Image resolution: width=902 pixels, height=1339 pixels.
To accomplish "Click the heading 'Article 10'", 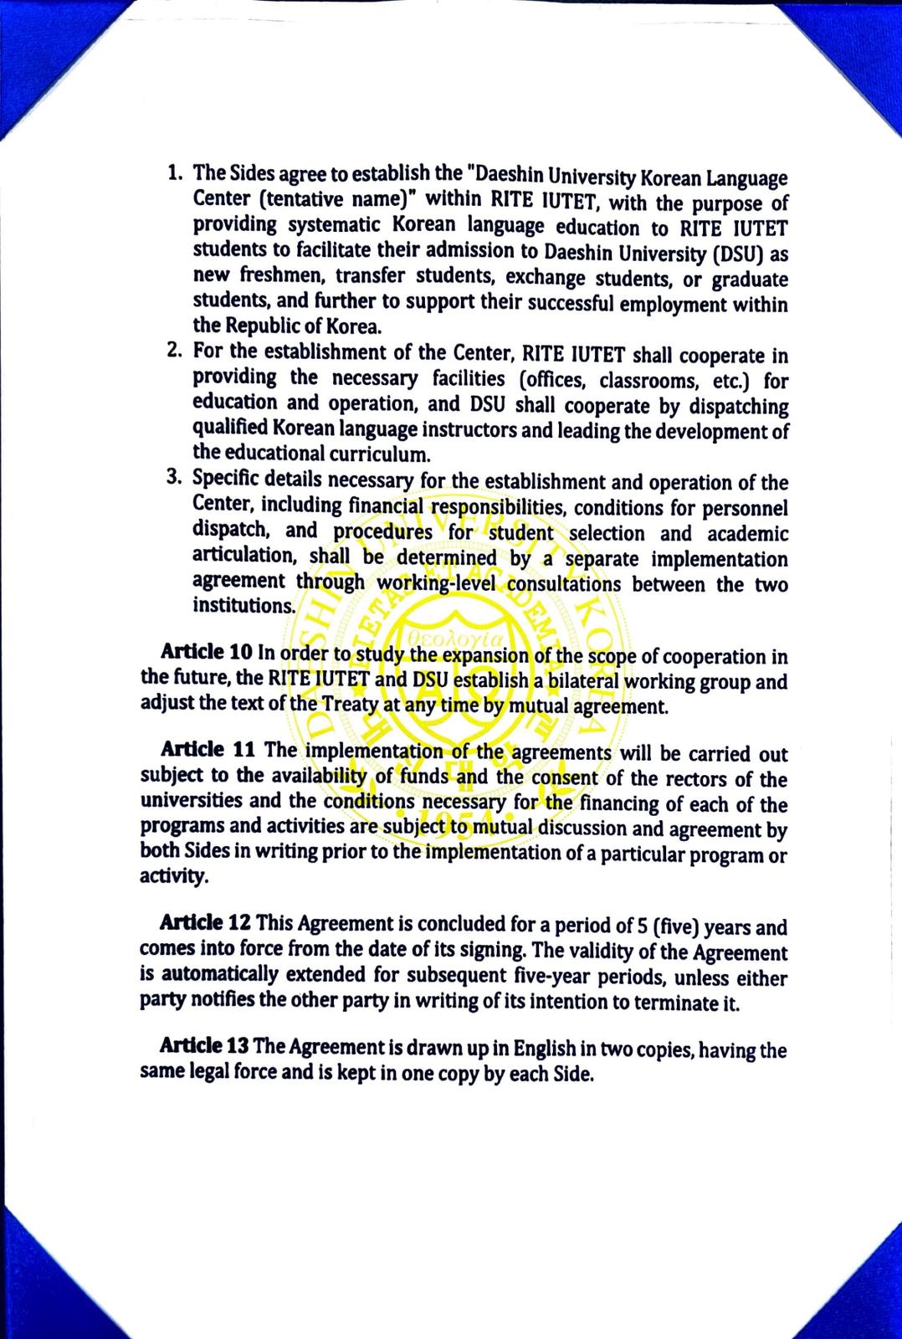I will coord(204,652).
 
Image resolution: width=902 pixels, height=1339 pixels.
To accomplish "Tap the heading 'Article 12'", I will coord(205,923).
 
